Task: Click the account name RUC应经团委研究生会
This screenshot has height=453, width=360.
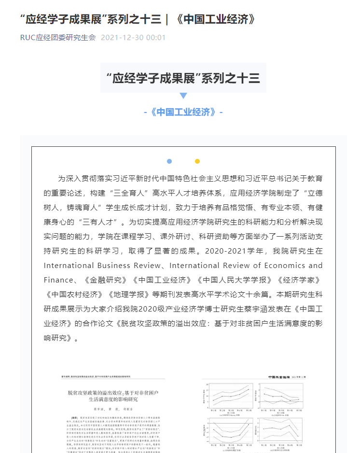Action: click(58, 37)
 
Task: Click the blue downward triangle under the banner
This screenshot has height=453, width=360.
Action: click(183, 96)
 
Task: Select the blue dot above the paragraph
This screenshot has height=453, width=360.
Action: click(169, 161)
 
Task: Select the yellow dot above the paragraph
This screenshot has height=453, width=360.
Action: click(197, 161)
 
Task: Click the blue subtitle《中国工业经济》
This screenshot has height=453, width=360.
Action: click(183, 112)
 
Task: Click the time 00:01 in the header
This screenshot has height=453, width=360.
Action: click(156, 37)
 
